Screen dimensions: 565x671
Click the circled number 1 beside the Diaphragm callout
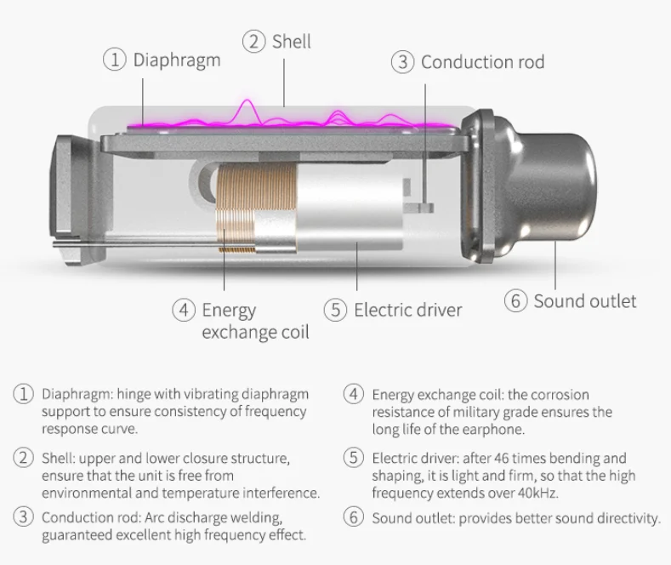pyautogui.click(x=115, y=60)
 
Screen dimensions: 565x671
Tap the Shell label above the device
pyautogui.click(x=291, y=41)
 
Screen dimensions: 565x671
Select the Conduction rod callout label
pyautogui.click(x=482, y=62)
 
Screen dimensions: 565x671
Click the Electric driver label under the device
pyautogui.click(x=407, y=310)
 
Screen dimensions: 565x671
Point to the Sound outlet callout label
pyautogui.click(x=584, y=301)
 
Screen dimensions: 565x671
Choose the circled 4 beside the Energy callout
pyautogui.click(x=183, y=310)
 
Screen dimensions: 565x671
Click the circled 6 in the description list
pyautogui.click(x=354, y=517)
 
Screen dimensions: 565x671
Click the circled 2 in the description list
pyautogui.click(x=22, y=459)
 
